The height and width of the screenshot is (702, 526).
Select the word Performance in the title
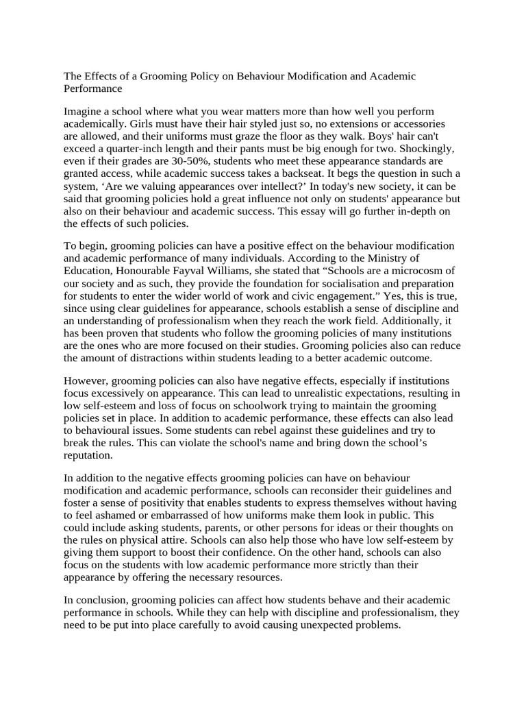click(92, 88)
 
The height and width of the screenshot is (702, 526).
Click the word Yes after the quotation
click(391, 295)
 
